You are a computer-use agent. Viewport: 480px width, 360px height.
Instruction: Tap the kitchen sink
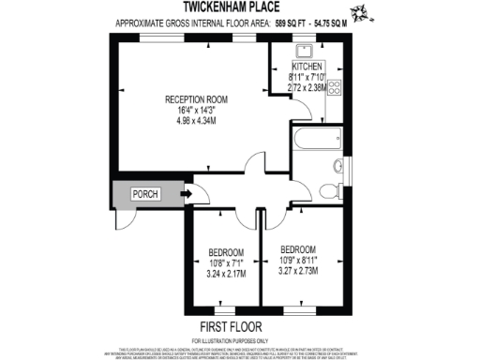point(306,52)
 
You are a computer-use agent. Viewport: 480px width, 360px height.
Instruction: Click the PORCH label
point(145,195)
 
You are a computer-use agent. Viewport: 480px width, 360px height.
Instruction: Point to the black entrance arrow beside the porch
point(185,195)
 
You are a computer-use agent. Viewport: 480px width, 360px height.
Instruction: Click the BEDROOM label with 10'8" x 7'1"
point(226,252)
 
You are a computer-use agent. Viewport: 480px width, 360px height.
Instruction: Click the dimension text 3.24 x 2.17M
point(226,275)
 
